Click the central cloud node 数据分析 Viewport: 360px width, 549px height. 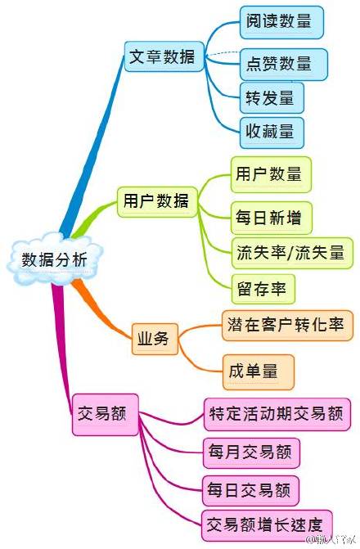tap(55, 259)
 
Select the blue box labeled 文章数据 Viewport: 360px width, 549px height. tap(164, 56)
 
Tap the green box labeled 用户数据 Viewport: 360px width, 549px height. tap(157, 201)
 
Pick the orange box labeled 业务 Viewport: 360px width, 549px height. tap(155, 339)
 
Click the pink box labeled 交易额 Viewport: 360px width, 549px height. tap(105, 415)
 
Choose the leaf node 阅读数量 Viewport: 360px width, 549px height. tap(281, 22)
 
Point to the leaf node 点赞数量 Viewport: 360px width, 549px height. tap(284, 65)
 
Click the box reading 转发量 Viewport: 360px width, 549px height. tap(272, 97)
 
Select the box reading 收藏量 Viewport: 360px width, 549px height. tap(272, 133)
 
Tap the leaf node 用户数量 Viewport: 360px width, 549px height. tap(271, 174)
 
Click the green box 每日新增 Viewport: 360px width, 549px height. tap(272, 218)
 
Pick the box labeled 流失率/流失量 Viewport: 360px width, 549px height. tap(292, 253)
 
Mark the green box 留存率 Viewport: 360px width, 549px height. tap(263, 289)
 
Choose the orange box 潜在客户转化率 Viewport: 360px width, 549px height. tap(287, 326)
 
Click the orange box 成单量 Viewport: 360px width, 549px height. tap(259, 371)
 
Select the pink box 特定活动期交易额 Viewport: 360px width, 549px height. tap(277, 414)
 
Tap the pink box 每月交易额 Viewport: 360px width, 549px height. tap(251, 452)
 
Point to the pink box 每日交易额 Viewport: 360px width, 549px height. tap(250, 490)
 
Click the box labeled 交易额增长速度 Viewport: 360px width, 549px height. tap(267, 525)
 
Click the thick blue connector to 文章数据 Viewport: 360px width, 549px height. tap(92, 147)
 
